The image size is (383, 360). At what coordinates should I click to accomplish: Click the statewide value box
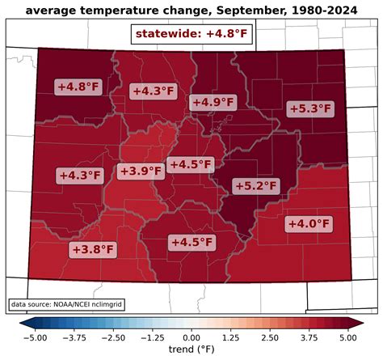(x=191, y=34)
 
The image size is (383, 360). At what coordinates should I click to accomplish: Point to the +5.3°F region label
(x=309, y=108)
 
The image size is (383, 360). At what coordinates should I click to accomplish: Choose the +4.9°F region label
(x=213, y=102)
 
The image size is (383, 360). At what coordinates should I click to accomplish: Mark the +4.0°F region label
(x=309, y=223)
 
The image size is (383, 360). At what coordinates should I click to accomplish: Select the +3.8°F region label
(x=92, y=249)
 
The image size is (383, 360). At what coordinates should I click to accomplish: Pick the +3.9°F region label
(x=140, y=171)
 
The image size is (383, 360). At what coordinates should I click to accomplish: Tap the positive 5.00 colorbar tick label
(x=347, y=337)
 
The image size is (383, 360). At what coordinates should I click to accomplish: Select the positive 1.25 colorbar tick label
(x=230, y=337)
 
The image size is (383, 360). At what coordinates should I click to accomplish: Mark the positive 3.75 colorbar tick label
(x=309, y=337)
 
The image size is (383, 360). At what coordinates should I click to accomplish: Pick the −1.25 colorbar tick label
(x=152, y=337)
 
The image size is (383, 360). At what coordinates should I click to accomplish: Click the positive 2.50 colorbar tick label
(x=270, y=337)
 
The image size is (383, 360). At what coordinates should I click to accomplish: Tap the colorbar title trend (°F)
(x=191, y=352)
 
